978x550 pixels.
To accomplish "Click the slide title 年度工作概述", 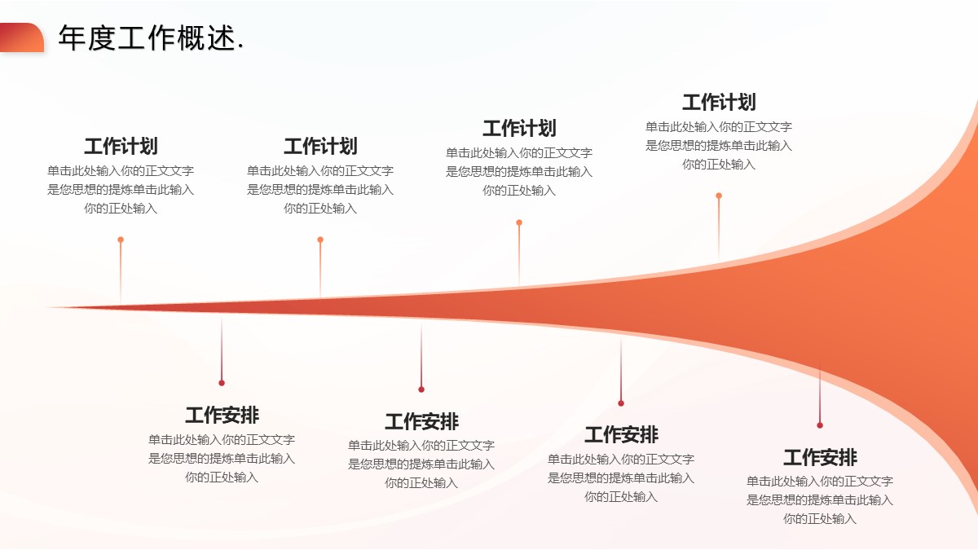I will coord(151,38).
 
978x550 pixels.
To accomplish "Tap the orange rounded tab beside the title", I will coord(22,37).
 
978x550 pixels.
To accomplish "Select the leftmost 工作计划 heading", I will coord(121,147).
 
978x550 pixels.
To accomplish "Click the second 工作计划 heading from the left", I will coord(320,147).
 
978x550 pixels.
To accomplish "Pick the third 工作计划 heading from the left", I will coord(519,129).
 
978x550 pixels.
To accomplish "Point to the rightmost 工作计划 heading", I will coord(719,103).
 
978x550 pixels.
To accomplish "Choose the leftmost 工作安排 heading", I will coord(222,416).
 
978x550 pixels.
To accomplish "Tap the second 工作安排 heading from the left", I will coord(421,422).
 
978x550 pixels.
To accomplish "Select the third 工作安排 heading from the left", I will coord(621,435).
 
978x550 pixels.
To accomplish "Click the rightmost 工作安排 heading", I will coord(820,457).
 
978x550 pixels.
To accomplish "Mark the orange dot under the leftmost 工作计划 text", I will coord(121,240).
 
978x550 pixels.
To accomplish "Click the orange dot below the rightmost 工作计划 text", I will coord(719,196).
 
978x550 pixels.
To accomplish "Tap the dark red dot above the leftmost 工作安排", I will coord(222,383).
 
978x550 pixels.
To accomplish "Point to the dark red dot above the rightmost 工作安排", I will coord(820,425).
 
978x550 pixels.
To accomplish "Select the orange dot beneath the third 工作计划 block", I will coord(519,222).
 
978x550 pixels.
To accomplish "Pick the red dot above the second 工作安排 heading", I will coord(421,389).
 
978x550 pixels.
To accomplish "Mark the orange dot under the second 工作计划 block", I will coord(320,240).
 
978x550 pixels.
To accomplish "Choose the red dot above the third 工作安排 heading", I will coord(621,403).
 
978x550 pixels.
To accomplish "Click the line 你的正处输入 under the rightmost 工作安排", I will coord(820,518).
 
